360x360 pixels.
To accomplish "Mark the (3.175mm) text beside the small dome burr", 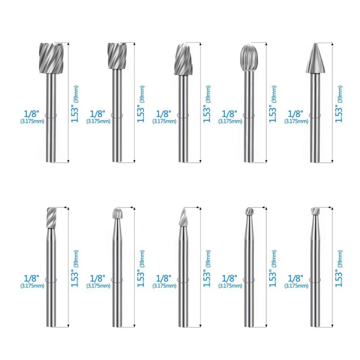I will (98, 286).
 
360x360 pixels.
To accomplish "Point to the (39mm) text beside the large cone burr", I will (341, 94).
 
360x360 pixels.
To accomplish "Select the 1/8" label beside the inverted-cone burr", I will (296, 279).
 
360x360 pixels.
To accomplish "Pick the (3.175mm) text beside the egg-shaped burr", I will (230, 121).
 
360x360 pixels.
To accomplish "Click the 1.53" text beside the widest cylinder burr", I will (75, 114).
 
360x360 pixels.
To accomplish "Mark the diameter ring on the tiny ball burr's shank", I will (249, 279).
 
